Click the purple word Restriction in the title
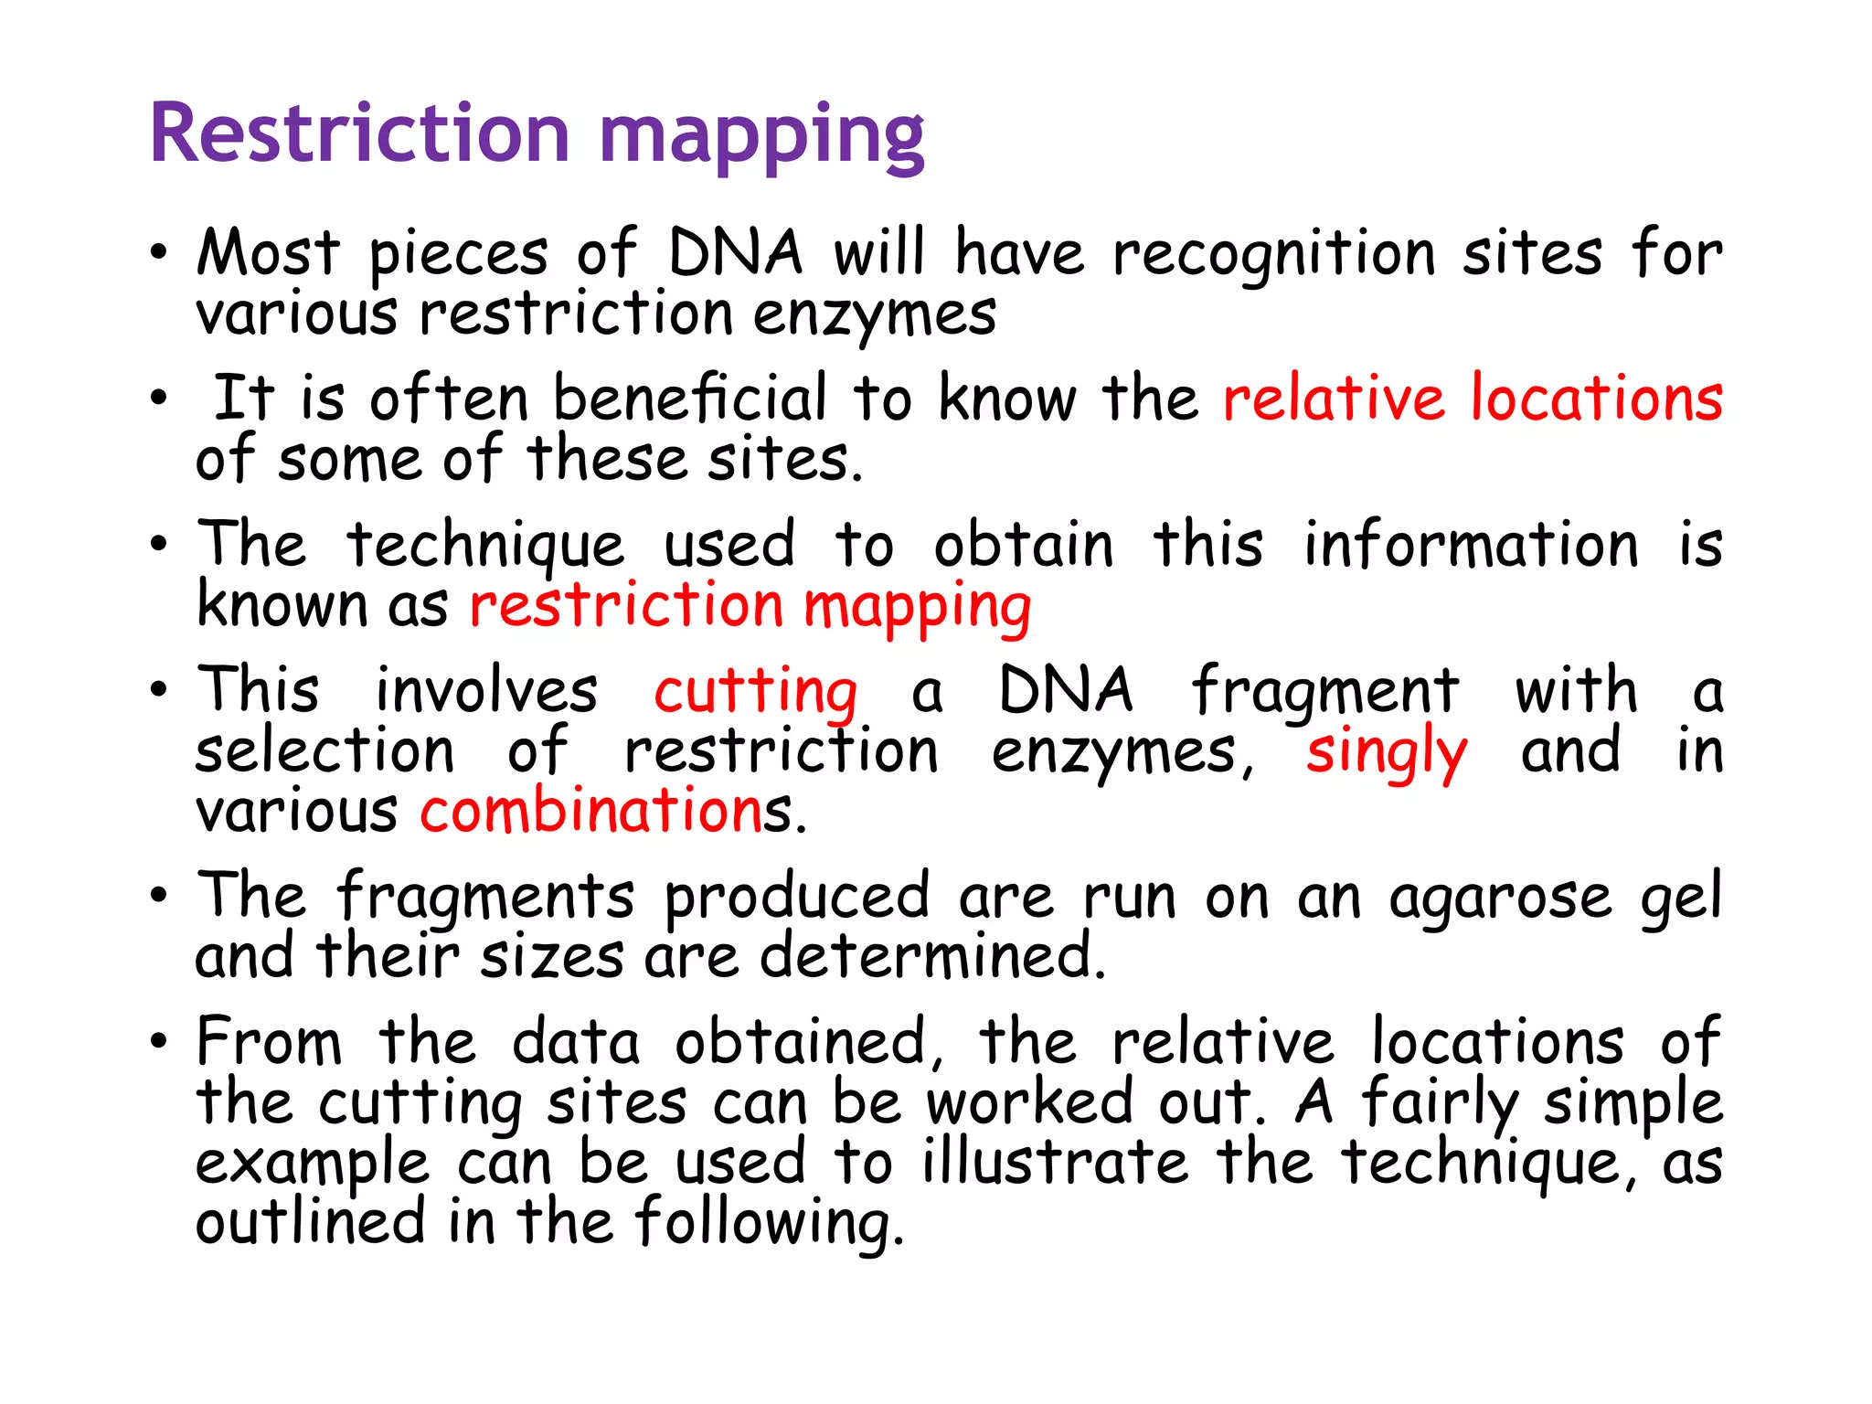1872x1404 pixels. click(x=359, y=134)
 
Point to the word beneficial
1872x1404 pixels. click(x=690, y=399)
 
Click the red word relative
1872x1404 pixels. click(x=1334, y=399)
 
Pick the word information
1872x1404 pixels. click(x=1471, y=546)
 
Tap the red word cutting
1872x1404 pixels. click(x=756, y=693)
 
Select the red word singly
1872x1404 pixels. click(x=1386, y=754)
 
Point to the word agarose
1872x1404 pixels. click(x=1500, y=899)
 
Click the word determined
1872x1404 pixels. click(x=932, y=957)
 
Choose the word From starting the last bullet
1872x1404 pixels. click(x=270, y=1042)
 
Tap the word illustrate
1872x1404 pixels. click(x=1056, y=1163)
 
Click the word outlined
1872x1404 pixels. click(x=311, y=1222)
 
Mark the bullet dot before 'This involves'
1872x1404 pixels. click(x=159, y=691)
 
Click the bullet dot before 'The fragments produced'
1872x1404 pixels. click(x=159, y=896)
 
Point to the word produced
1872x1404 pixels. click(x=796, y=899)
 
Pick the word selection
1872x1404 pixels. click(x=324, y=752)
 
